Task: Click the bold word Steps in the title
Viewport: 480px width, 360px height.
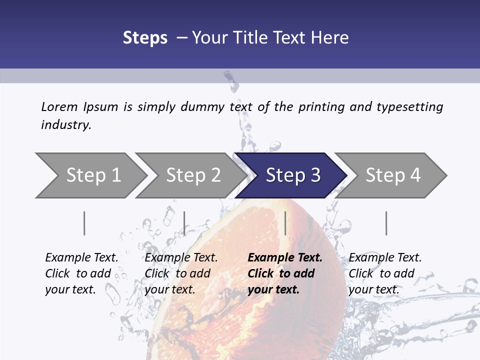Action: (x=145, y=38)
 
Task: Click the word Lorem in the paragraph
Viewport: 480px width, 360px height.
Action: (x=59, y=107)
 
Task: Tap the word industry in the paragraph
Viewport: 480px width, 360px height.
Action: (x=65, y=125)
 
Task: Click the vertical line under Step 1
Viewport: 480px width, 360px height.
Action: (x=84, y=223)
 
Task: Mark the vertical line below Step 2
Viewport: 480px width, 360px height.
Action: (x=184, y=223)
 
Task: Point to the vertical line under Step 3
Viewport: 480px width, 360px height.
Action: (x=285, y=223)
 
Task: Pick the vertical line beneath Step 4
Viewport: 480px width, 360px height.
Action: (x=386, y=223)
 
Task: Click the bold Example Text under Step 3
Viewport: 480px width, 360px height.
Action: (x=285, y=258)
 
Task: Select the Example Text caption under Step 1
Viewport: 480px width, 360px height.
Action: (x=81, y=258)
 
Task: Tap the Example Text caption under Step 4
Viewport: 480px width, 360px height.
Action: (x=385, y=258)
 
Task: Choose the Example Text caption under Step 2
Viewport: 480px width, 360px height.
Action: (x=181, y=258)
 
